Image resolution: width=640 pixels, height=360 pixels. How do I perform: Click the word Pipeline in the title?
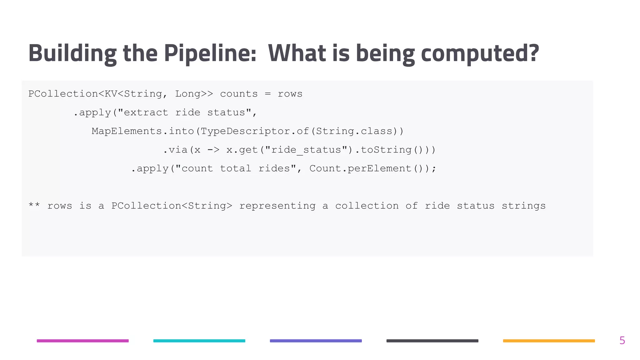tap(210, 53)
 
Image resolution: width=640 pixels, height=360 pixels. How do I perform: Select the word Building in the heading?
tap(72, 53)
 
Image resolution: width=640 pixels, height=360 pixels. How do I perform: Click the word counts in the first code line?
tap(239, 94)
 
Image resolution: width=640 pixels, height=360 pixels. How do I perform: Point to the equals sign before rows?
tap(267, 94)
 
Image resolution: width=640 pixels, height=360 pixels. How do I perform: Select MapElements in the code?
tap(127, 131)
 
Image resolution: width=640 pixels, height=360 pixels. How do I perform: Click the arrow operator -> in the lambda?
tap(213, 150)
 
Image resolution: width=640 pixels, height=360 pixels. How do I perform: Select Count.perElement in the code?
tap(360, 168)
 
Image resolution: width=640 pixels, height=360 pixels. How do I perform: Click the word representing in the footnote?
tap(277, 206)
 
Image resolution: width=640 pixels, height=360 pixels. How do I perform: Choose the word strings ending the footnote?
tap(523, 206)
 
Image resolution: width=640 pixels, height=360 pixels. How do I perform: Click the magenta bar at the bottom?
tap(83, 341)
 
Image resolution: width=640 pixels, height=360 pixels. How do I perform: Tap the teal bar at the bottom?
tap(199, 341)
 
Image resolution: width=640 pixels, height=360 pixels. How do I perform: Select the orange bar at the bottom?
tap(549, 341)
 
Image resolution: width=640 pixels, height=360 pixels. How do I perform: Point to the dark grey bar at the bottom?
tap(432, 341)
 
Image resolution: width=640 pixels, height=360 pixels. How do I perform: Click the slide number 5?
tap(622, 340)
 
